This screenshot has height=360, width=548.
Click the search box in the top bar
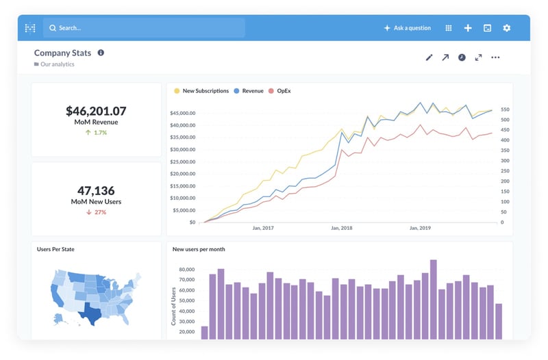144,28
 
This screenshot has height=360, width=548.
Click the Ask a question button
408,28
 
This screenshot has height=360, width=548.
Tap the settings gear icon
507,28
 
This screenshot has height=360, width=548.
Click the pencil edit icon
429,57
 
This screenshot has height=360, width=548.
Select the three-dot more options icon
495,57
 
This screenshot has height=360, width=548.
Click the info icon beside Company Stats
101,53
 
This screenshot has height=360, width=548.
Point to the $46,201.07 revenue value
96,110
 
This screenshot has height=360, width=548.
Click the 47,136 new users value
96,190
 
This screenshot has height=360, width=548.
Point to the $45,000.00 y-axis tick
183,113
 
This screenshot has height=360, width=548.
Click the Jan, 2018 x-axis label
341,229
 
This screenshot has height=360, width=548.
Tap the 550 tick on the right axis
506,110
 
